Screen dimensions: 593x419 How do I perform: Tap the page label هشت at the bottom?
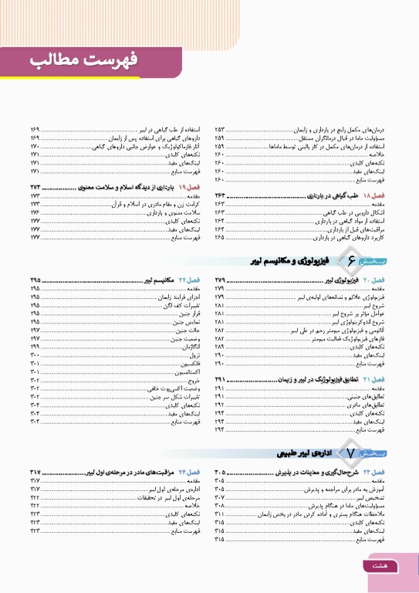pos(380,566)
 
